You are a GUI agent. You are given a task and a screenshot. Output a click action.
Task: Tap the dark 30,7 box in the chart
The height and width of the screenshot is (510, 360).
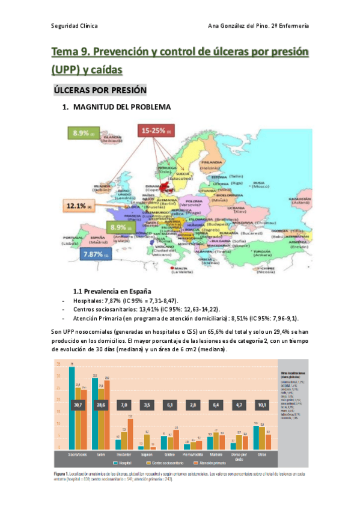(78, 406)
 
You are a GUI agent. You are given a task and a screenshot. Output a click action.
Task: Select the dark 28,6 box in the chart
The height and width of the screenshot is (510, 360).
(101, 406)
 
